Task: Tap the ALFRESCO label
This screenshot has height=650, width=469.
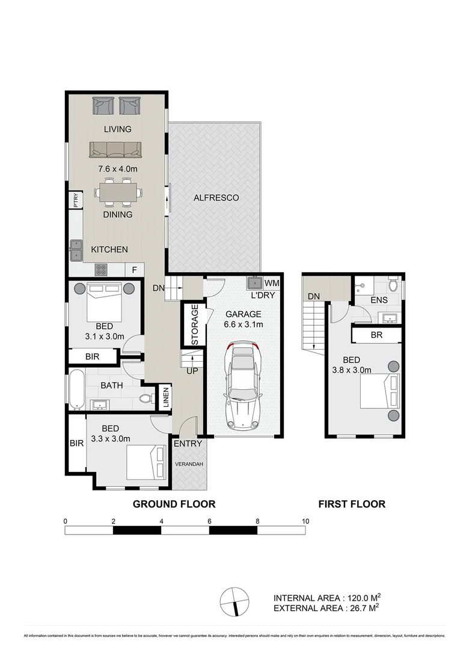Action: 216,197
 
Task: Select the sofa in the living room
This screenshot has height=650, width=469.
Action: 115,150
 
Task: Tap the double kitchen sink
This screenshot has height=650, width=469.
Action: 76,249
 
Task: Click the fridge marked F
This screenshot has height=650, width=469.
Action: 133,271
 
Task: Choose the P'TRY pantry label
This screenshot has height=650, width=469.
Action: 75,199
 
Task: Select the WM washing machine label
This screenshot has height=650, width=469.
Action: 272,282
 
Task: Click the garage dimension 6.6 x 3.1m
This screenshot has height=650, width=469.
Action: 243,325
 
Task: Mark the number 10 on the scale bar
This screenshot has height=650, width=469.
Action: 305,521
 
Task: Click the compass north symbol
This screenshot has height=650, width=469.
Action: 234,600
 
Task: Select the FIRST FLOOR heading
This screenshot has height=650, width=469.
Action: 352,504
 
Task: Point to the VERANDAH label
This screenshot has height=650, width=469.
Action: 189,465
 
